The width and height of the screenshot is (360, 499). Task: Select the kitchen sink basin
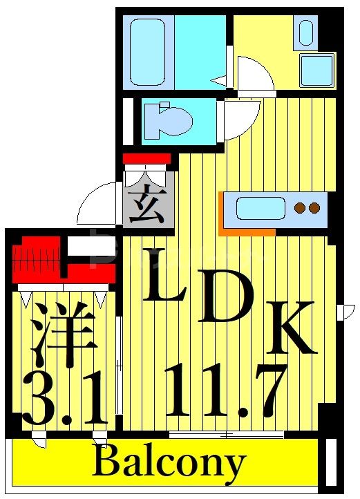(x=260, y=208)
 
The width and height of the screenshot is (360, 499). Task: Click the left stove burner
(x=299, y=207)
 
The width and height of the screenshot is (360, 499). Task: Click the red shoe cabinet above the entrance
(x=146, y=159)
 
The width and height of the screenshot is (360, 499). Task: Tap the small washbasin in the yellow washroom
(x=305, y=32)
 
